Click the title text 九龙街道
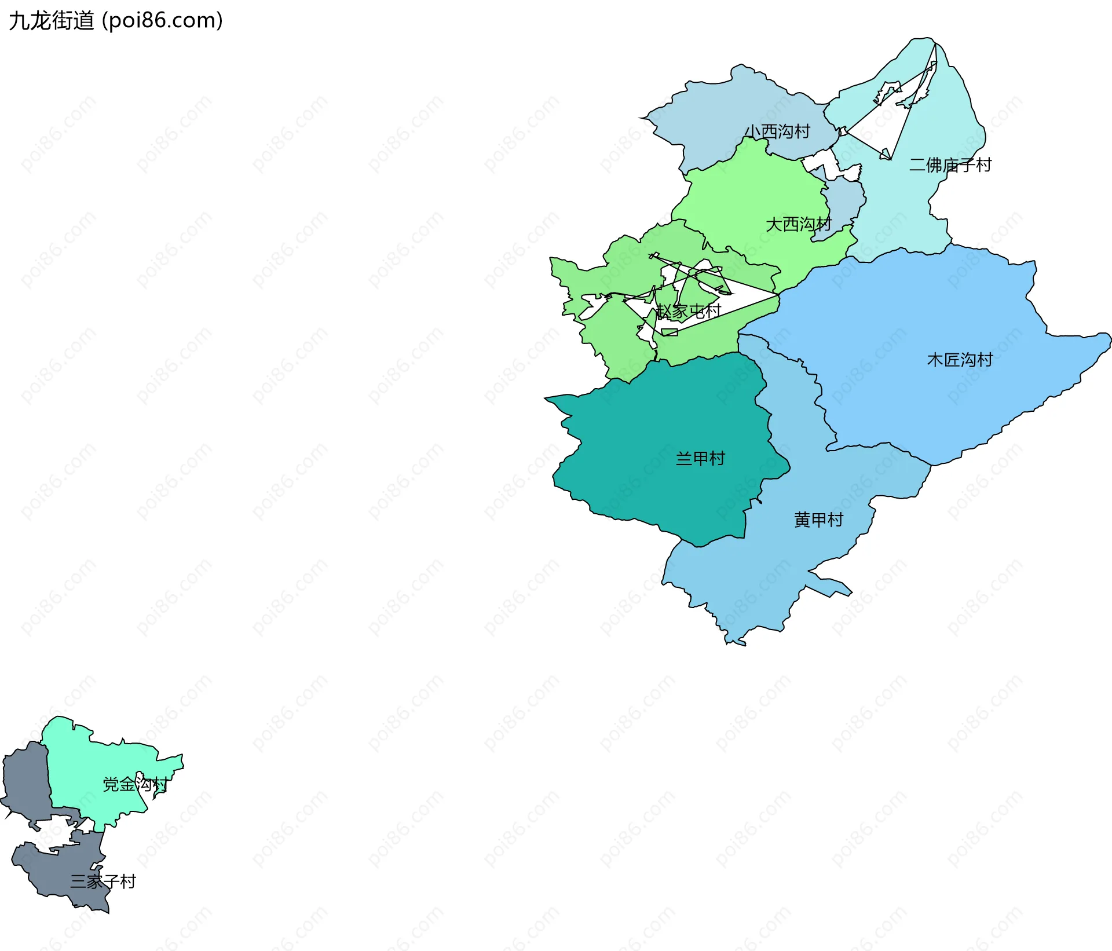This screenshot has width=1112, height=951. pyautogui.click(x=51, y=21)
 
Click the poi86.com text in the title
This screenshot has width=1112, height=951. pyautogui.click(x=162, y=21)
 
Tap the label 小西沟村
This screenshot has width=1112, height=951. pyautogui.click(x=777, y=131)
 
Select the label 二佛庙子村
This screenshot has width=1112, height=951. pyautogui.click(x=950, y=165)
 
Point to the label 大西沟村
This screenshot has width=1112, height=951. pyautogui.click(x=798, y=224)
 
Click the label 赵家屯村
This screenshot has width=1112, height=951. pyautogui.click(x=689, y=311)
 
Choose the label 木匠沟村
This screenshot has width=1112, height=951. pyautogui.click(x=960, y=360)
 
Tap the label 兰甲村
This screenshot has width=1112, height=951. pyautogui.click(x=700, y=459)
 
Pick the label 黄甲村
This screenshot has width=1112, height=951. pyautogui.click(x=818, y=520)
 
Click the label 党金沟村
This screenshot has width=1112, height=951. pyautogui.click(x=135, y=784)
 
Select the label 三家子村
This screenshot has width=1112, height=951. pyautogui.click(x=103, y=881)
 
